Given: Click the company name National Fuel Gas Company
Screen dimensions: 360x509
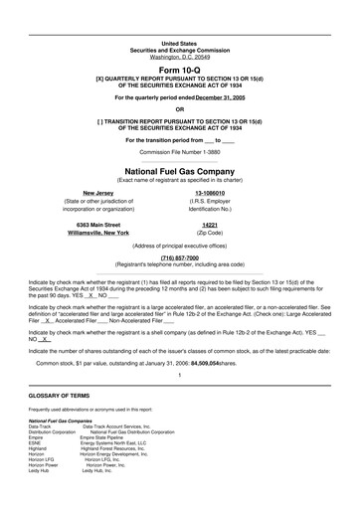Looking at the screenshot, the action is pos(179,171).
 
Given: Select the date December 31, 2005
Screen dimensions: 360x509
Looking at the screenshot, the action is pos(221,98).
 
